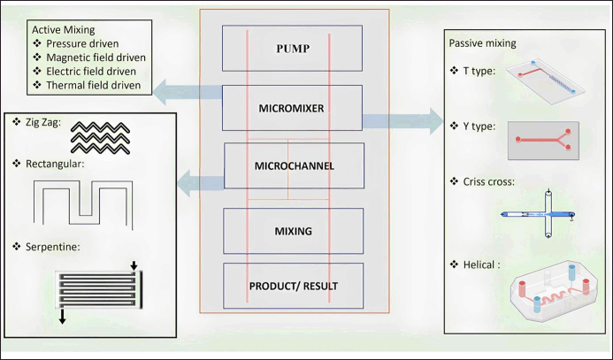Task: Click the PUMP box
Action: pyautogui.click(x=291, y=48)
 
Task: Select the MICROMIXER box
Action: pyautogui.click(x=291, y=108)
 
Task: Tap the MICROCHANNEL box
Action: pyautogui.click(x=295, y=166)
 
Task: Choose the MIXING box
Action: pyautogui.click(x=293, y=232)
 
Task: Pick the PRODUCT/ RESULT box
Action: pyautogui.click(x=293, y=285)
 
